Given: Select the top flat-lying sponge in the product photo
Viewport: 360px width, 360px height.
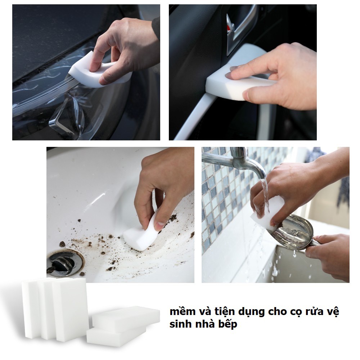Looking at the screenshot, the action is pyautogui.click(x=126, y=318).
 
